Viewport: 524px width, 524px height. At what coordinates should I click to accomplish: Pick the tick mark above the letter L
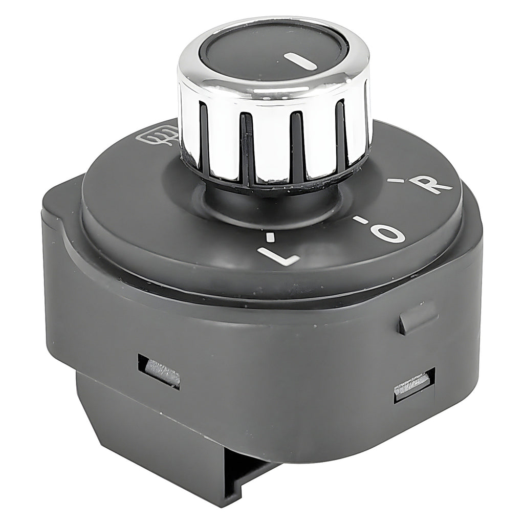pos(270,236)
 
